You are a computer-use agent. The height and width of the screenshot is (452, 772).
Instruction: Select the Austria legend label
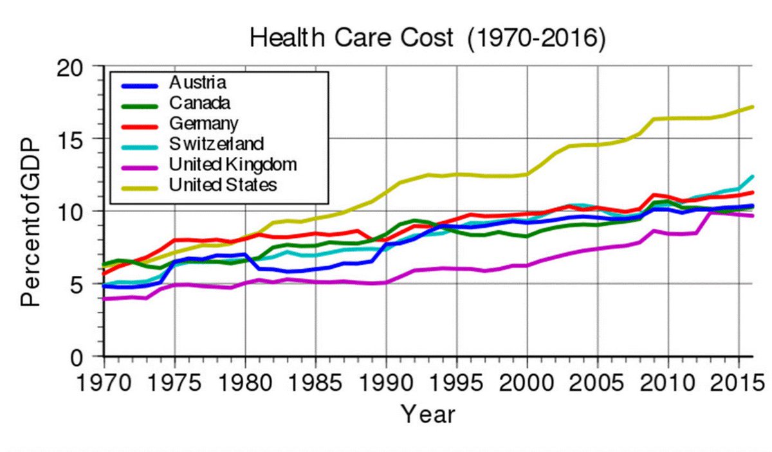(198, 82)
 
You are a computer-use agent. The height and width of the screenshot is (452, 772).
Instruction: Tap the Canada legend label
(199, 102)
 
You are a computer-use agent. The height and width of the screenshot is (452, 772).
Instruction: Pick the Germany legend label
(204, 123)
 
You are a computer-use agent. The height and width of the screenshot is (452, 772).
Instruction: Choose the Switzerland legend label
(216, 143)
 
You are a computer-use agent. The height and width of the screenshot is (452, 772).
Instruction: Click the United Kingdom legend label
(233, 164)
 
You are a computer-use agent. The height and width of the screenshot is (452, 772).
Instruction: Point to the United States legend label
(223, 185)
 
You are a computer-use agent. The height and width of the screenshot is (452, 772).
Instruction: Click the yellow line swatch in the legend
(140, 185)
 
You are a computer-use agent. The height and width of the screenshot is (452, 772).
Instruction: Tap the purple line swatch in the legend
(140, 165)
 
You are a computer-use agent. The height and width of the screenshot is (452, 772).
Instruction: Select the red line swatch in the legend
(140, 123)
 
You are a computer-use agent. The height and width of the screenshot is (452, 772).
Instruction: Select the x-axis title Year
(428, 414)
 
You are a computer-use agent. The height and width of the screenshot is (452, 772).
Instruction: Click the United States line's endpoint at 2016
(753, 107)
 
